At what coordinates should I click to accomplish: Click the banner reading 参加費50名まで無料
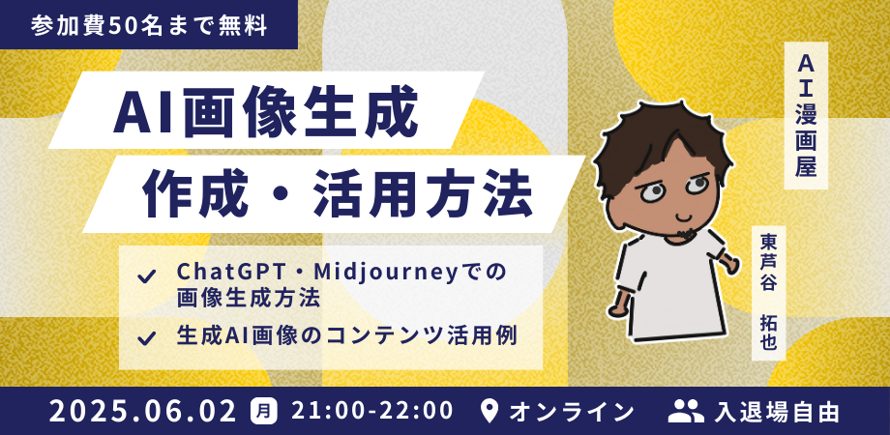click(149, 25)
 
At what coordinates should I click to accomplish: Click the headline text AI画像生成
click(266, 110)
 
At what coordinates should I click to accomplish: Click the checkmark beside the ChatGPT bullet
click(146, 276)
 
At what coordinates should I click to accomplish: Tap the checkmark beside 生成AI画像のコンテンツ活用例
click(146, 338)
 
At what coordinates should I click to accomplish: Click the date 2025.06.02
click(142, 411)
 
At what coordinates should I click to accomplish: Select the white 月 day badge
click(264, 411)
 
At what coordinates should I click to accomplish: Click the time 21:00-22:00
click(372, 411)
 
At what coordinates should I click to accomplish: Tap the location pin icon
click(489, 411)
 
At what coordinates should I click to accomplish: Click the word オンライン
click(571, 411)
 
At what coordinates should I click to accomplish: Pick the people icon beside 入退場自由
click(686, 411)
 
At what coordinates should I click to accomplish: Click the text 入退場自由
click(777, 411)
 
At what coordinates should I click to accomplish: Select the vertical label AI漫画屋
click(806, 116)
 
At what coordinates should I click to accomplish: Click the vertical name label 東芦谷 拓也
click(768, 293)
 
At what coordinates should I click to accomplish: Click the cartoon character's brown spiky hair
click(659, 142)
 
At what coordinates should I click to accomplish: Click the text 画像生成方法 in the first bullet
click(248, 299)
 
